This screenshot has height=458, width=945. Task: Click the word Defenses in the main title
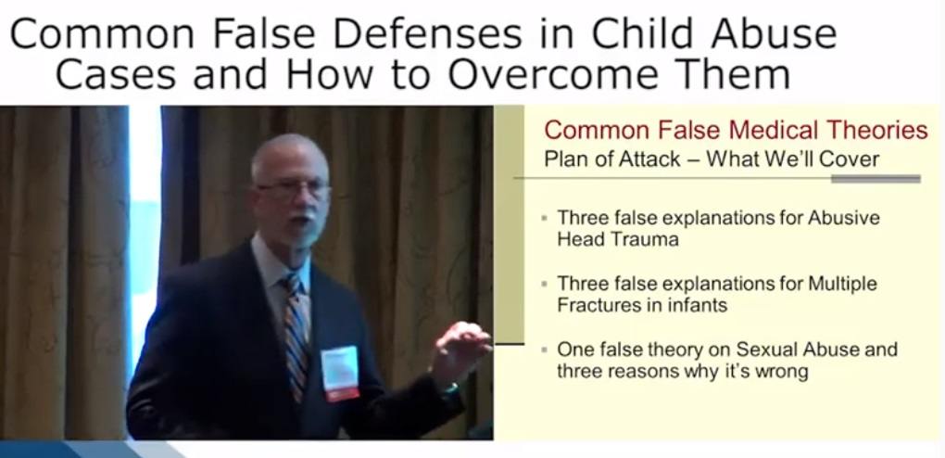pos(427,33)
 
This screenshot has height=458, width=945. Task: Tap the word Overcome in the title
pos(541,74)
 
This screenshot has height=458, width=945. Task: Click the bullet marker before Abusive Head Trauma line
pos(545,218)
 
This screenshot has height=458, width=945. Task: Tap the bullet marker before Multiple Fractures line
pos(545,284)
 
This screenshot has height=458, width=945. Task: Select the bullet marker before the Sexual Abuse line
pos(545,350)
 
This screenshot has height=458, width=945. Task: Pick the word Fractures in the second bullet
pos(595,305)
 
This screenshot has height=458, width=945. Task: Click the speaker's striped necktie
pos(296,337)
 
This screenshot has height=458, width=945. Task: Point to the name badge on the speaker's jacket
pos(340,374)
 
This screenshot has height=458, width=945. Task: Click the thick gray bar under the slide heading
pos(876,179)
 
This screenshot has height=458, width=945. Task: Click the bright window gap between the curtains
pos(145,241)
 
